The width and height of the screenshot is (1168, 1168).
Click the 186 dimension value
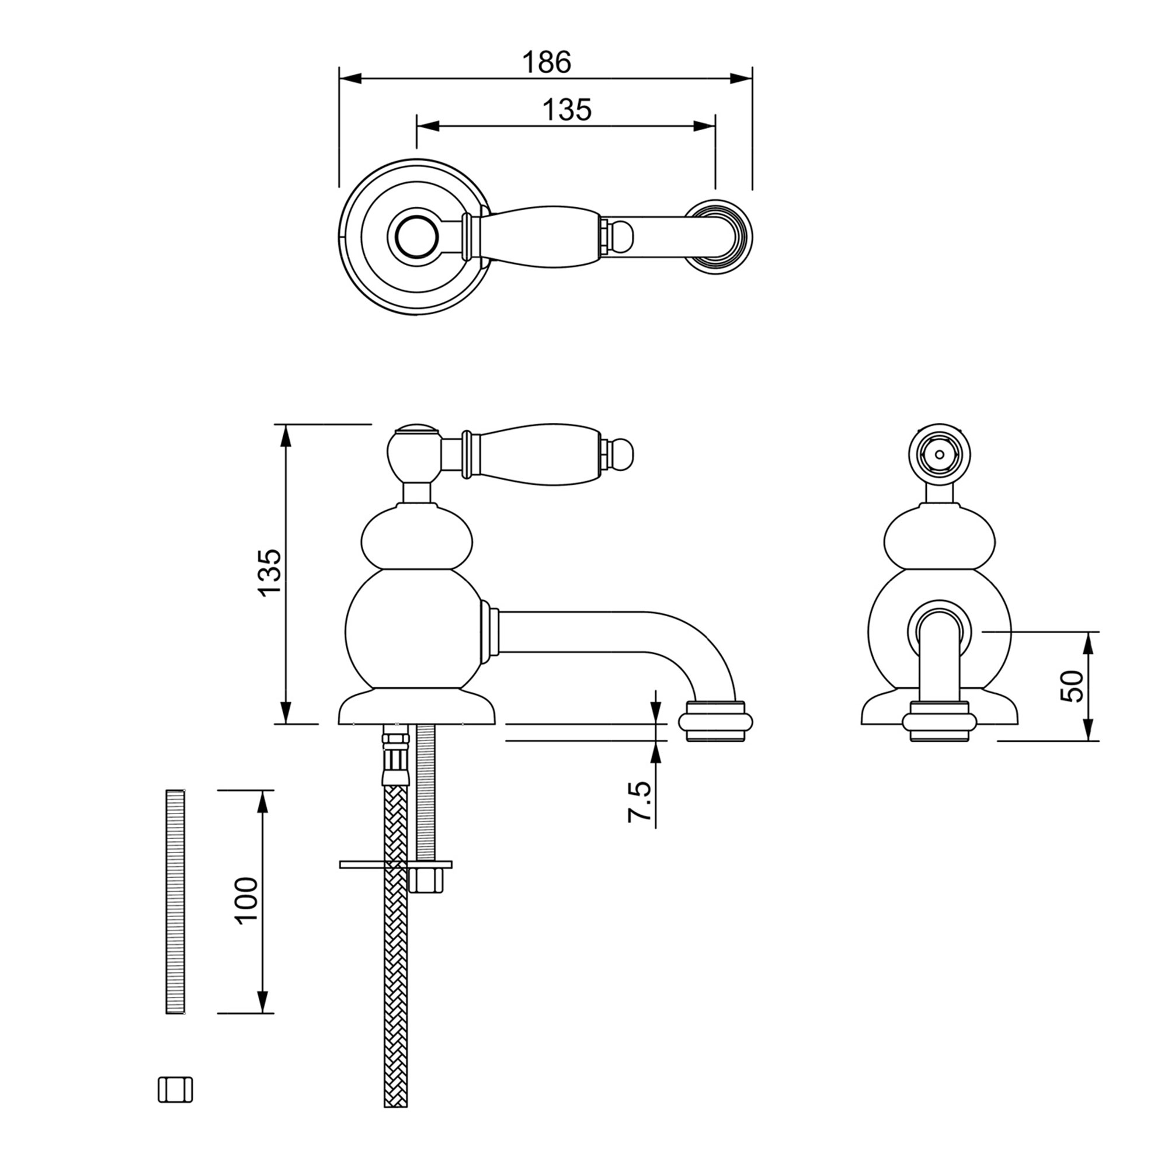546,62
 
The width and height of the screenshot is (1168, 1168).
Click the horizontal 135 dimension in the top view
566,110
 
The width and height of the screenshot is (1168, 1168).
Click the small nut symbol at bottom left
175,1107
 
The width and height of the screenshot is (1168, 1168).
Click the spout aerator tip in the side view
716,723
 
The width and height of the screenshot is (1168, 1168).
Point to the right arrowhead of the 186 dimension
741,79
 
